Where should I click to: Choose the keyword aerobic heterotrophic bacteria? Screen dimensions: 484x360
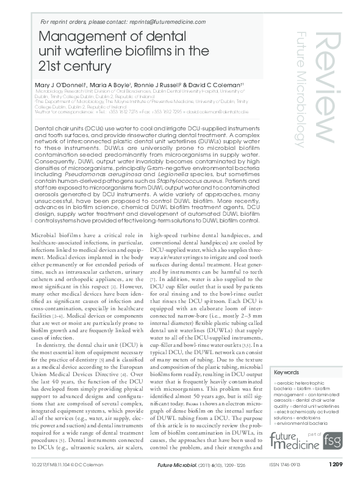298,384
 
